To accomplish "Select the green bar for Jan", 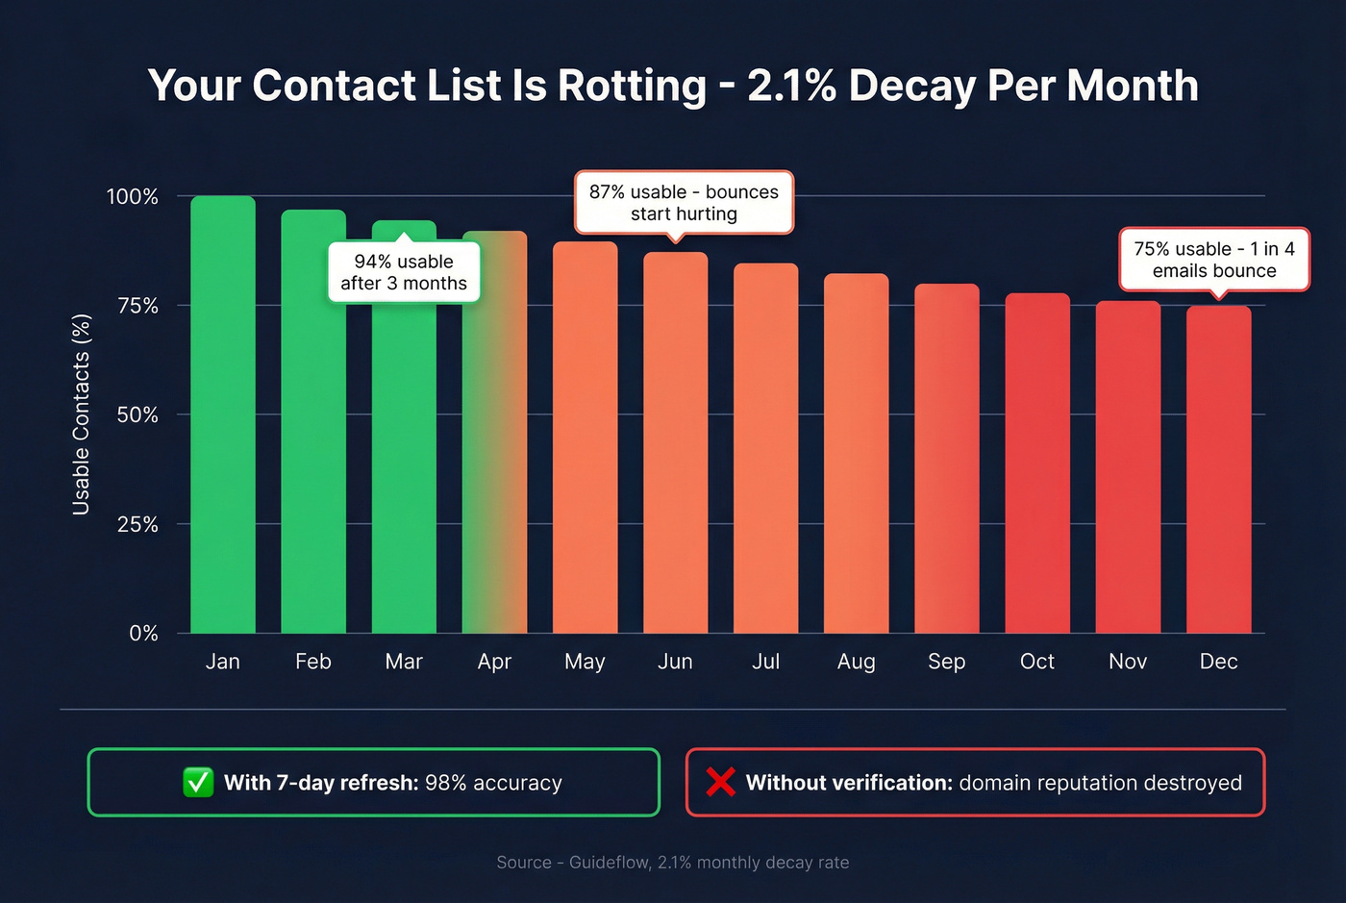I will pyautogui.click(x=223, y=414).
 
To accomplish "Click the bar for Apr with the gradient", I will pyautogui.click(x=494, y=433).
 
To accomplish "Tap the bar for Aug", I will pyautogui.click(x=856, y=453).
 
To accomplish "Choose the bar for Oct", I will pyautogui.click(x=1037, y=463).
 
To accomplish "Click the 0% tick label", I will pyautogui.click(x=143, y=633).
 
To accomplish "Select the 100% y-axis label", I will pyautogui.click(x=132, y=197).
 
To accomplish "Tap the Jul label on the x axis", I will pyautogui.click(x=765, y=662).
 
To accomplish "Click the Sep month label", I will pyautogui.click(x=946, y=662).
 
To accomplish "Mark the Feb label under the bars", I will pyautogui.click(x=313, y=662).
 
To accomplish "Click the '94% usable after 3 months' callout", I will pyautogui.click(x=404, y=272).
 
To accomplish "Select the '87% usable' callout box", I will pyautogui.click(x=684, y=203).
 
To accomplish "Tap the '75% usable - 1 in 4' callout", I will pyautogui.click(x=1214, y=260).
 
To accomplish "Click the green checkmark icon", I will pyautogui.click(x=198, y=782).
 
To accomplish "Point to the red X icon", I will pyautogui.click(x=720, y=782).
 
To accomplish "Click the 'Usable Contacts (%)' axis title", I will pyautogui.click(x=82, y=414).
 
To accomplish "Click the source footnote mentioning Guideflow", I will pyautogui.click(x=672, y=863).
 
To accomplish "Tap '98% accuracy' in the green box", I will pyautogui.click(x=493, y=783).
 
